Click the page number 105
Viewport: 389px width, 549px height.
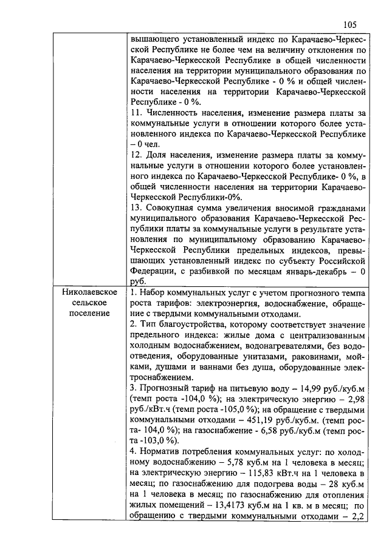[x=349, y=24]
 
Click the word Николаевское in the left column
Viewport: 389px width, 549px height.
[x=89, y=292]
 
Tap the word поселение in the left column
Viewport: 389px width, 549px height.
[x=89, y=314]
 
